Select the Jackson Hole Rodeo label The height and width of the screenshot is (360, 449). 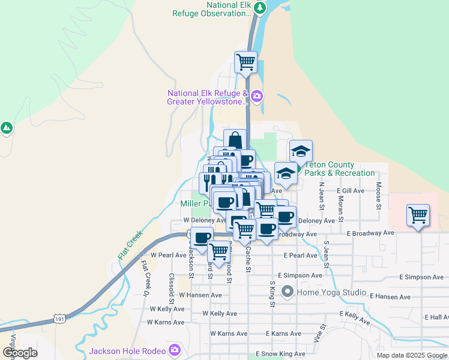[128, 350]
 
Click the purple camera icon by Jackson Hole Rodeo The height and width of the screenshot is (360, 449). [175, 349]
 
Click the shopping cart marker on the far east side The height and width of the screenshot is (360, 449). [418, 215]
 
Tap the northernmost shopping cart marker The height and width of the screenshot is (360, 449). [246, 61]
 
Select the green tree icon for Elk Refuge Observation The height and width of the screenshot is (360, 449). [259, 8]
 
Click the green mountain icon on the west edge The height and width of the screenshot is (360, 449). [7, 128]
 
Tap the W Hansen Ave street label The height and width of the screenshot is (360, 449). [200, 295]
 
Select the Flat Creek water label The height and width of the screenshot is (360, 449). [130, 245]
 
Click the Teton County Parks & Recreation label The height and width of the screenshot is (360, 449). [339, 169]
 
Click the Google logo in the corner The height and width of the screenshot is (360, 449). [20, 353]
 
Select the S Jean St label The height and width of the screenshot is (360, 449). [326, 254]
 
